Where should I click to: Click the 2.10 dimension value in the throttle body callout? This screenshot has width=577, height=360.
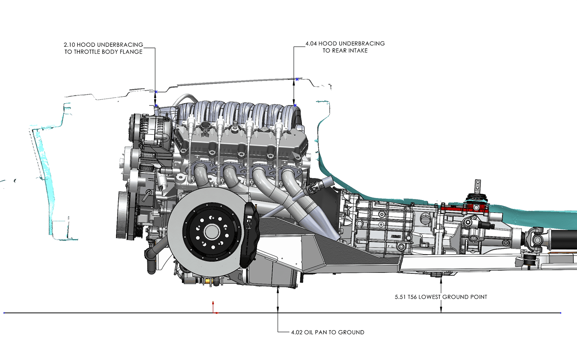pyautogui.click(x=69, y=45)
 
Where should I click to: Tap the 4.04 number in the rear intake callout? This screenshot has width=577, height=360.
pyautogui.click(x=311, y=44)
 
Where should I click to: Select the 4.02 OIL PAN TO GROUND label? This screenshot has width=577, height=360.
pyautogui.click(x=327, y=332)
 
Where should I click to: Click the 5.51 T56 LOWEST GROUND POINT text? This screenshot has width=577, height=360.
pyautogui.click(x=441, y=297)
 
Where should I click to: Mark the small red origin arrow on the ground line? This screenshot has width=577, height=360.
pyautogui.click(x=213, y=308)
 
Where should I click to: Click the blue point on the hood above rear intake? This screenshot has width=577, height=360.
pyautogui.click(x=297, y=79)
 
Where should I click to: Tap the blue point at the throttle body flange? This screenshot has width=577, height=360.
pyautogui.click(x=156, y=106)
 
